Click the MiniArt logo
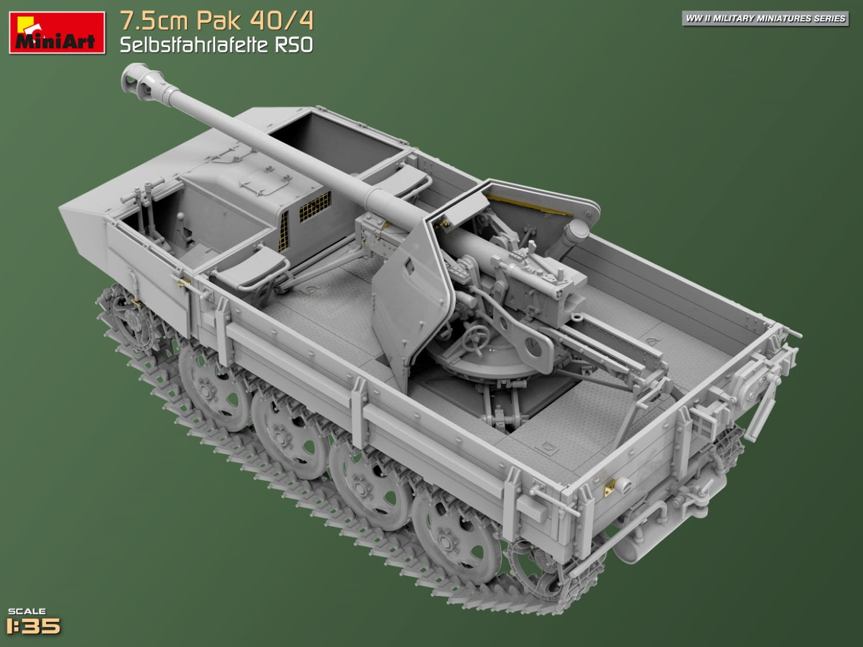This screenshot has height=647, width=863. (57, 33)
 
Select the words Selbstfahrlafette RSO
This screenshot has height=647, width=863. (216, 45)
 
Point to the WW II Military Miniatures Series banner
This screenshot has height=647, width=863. (765, 18)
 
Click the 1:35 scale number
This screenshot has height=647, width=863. (34, 626)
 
